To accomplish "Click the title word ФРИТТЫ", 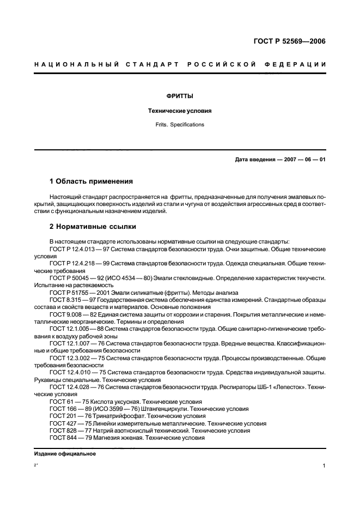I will click(180, 96).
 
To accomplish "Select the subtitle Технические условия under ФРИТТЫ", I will click(180, 111).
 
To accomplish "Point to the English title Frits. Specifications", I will click(180, 125).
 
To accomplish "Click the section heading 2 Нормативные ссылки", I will click(93, 226).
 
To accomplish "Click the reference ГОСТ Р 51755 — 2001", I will click(80, 293).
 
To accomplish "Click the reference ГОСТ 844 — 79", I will click(68, 438).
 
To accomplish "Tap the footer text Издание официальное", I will click(65, 453).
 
